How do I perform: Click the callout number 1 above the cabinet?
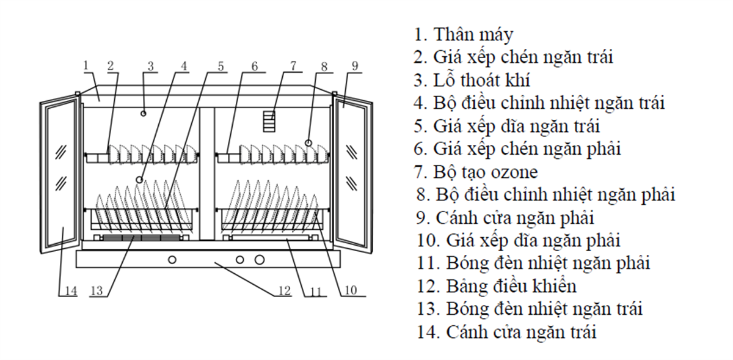(x=86, y=65)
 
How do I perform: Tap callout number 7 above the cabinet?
(x=293, y=66)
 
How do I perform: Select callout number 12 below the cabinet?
(x=285, y=290)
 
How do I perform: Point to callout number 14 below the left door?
(x=71, y=291)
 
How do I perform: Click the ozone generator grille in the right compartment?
(x=269, y=121)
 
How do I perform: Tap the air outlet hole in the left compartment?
(x=144, y=113)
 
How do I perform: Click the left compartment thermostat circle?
(x=140, y=180)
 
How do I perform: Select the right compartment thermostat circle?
(x=308, y=143)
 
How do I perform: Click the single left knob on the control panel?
(x=172, y=260)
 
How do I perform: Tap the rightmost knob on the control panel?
(x=260, y=260)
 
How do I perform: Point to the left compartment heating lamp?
(x=141, y=238)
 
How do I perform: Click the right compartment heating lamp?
(x=270, y=238)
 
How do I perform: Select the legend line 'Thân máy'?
(x=464, y=35)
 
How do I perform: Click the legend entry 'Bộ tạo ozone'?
(x=476, y=172)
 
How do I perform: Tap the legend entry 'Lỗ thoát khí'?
(x=472, y=80)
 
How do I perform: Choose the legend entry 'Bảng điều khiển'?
(x=497, y=286)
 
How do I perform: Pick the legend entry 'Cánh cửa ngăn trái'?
(x=506, y=332)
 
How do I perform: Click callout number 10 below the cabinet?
(x=351, y=290)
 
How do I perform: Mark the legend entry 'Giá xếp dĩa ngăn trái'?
(x=506, y=127)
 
